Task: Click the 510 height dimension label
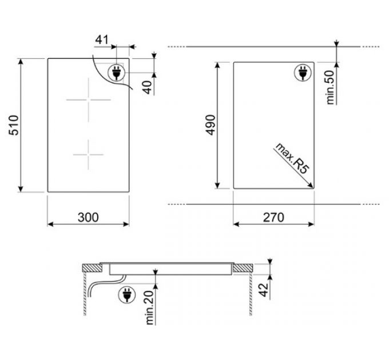pos(14,125)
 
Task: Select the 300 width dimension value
pos(88,217)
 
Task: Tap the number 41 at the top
pos(102,39)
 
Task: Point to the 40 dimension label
pos(148,87)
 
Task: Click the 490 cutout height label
pos(211,125)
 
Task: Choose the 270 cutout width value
pos(273,217)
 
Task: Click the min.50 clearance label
pos(330,87)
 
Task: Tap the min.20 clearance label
pos(150,307)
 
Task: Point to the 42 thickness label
pos(264,289)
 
